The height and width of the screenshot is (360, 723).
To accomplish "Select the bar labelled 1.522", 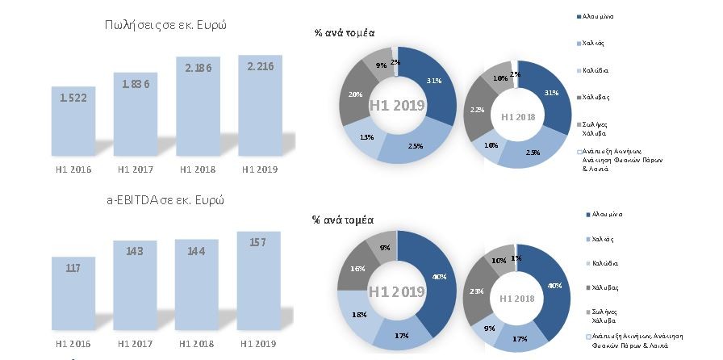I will [78, 121].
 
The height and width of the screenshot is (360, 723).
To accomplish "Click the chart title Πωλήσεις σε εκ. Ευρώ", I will [165, 24].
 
